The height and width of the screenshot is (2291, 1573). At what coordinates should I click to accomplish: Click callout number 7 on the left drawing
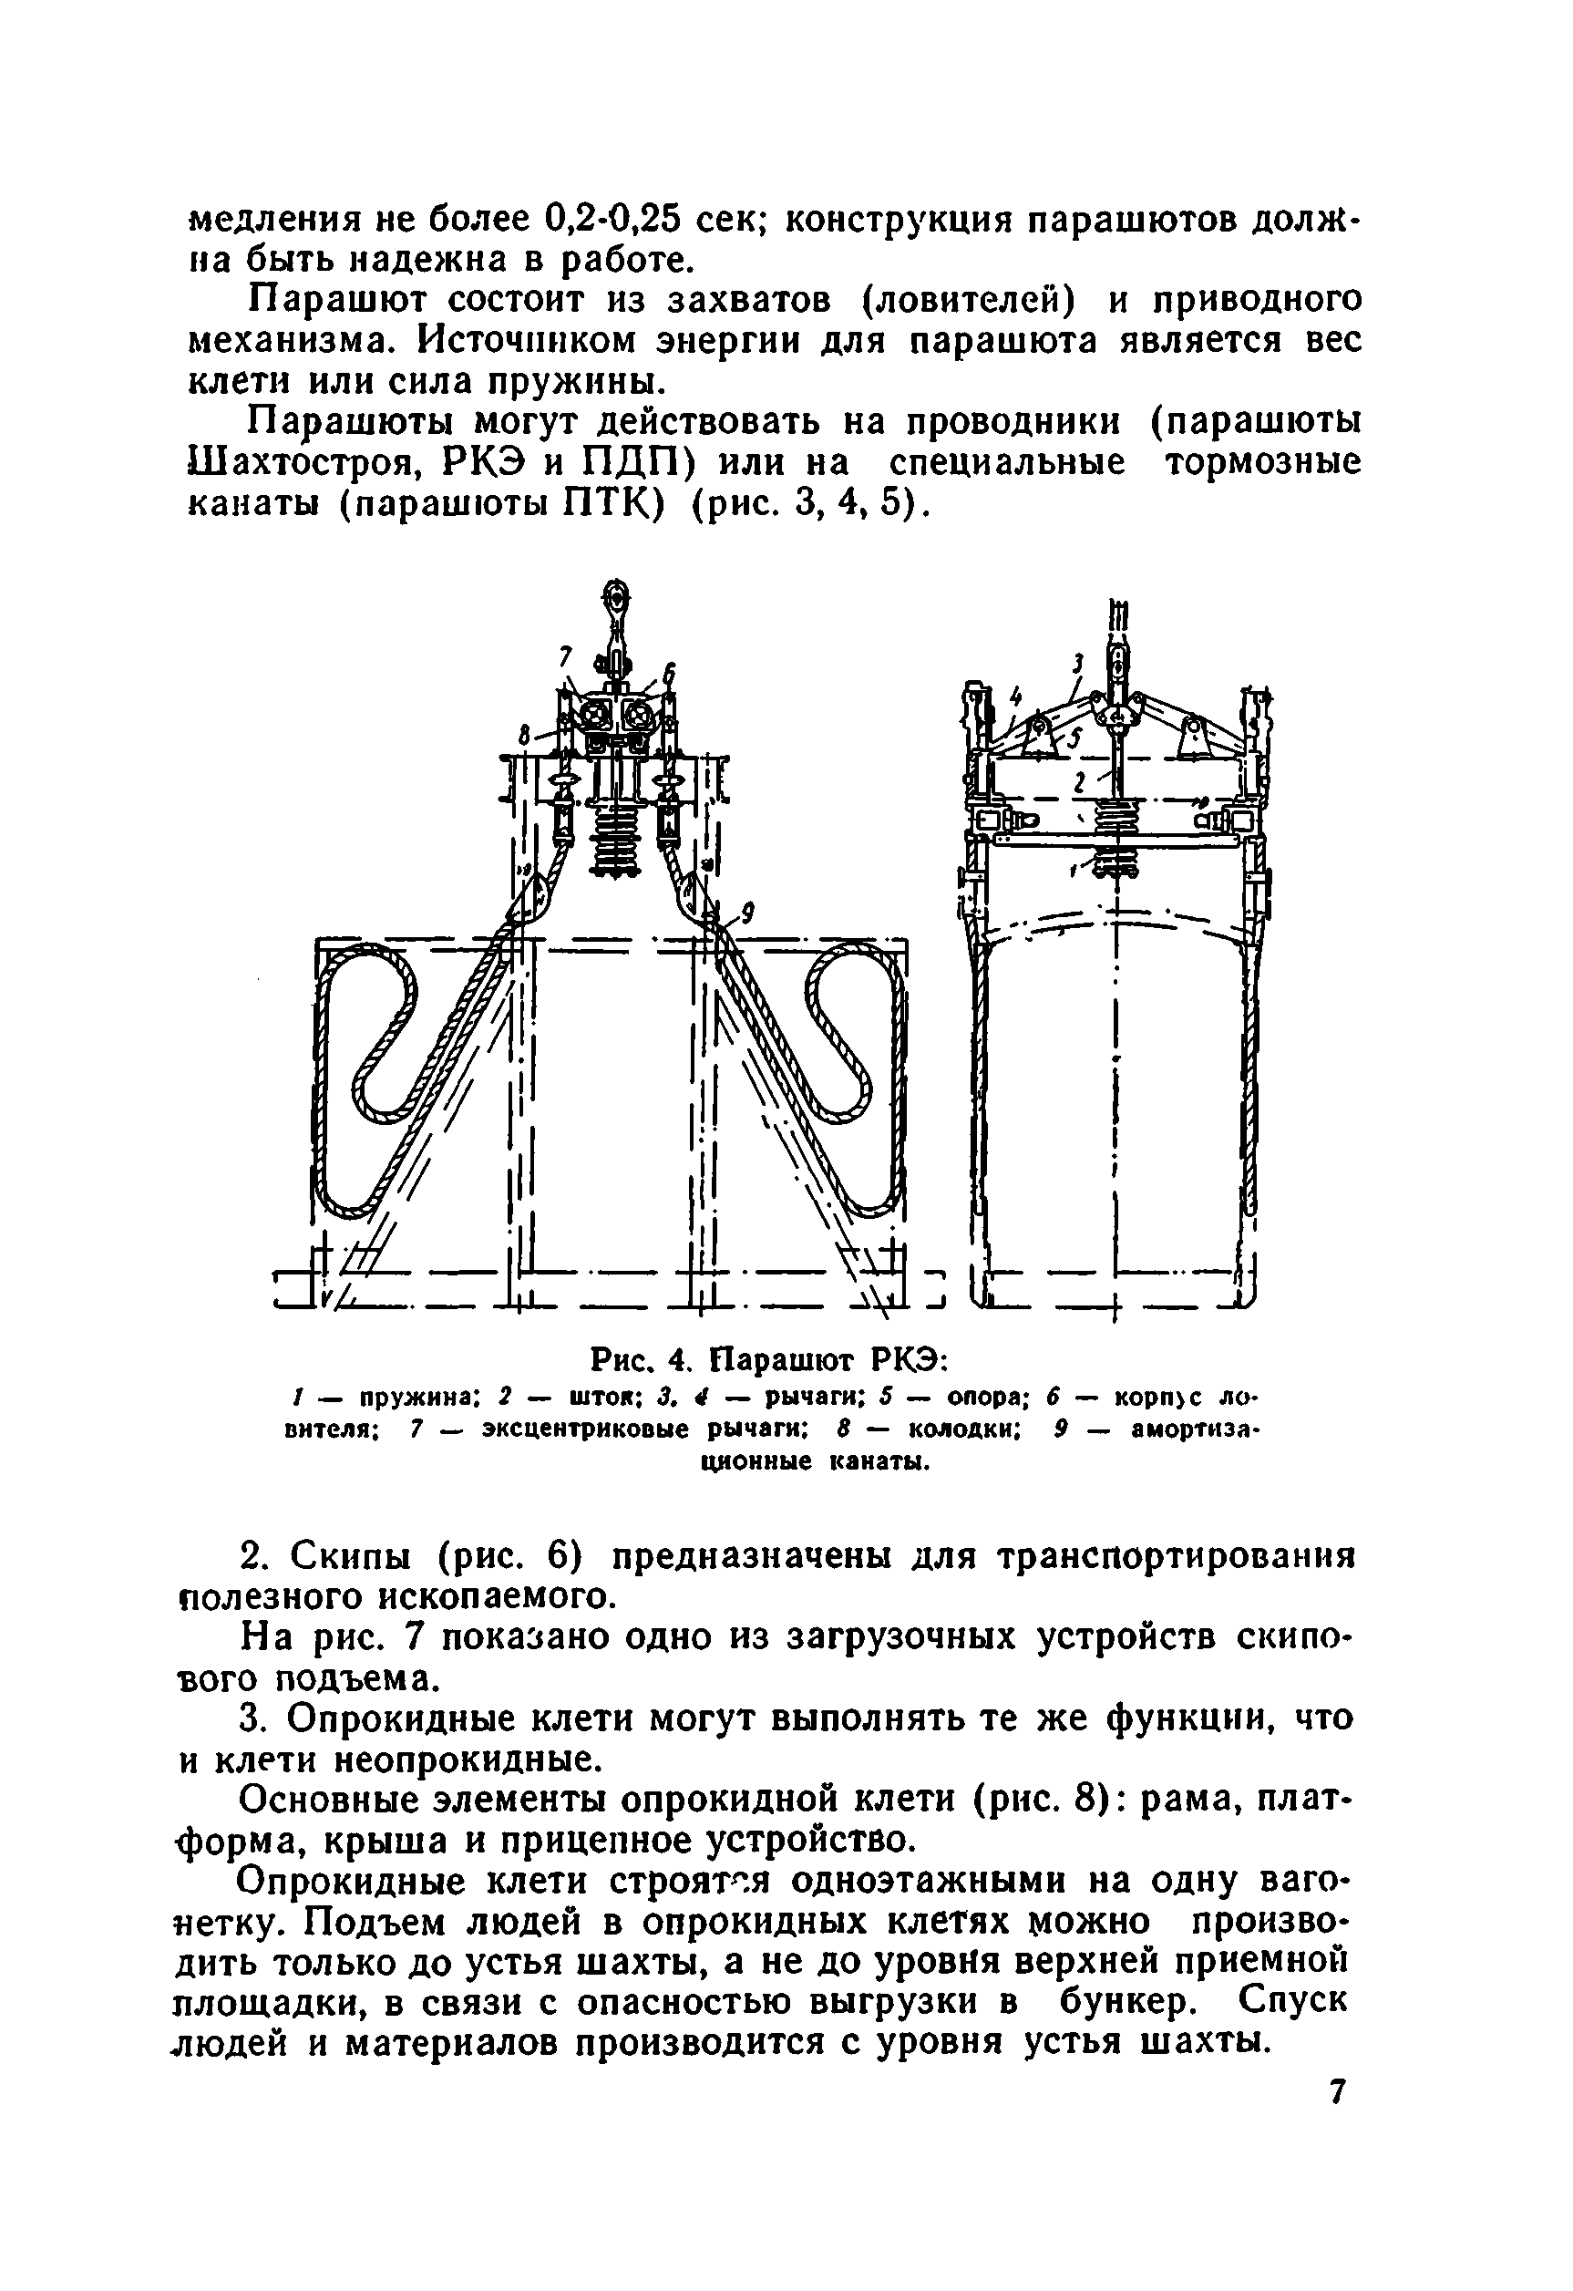pyautogui.click(x=565, y=656)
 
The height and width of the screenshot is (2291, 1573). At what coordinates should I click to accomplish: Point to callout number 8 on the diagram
pyautogui.click(x=524, y=735)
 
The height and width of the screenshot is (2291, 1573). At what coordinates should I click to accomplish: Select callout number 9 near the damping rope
pyautogui.click(x=748, y=913)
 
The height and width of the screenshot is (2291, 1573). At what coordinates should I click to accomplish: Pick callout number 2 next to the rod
pyautogui.click(x=1080, y=781)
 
